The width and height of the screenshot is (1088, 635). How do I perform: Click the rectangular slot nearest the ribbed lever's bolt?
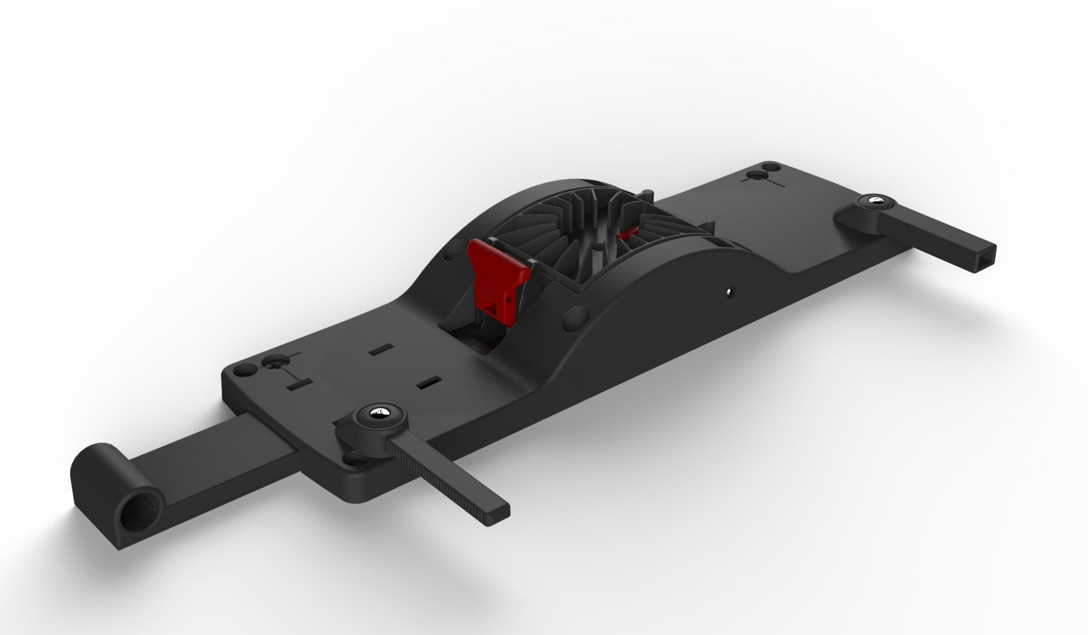pos(428,383)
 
